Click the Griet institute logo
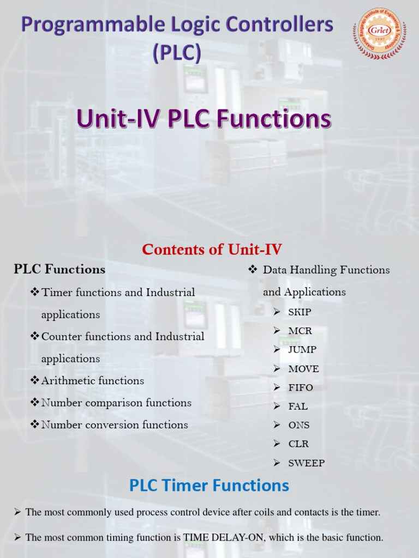(380, 33)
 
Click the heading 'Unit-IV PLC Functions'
(204, 119)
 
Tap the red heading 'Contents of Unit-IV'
(212, 250)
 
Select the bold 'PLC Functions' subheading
(59, 269)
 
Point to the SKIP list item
(300, 312)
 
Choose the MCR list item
(300, 331)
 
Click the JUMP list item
(302, 350)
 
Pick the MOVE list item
(303, 369)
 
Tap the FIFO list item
(301, 388)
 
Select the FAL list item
(298, 407)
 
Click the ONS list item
(299, 425)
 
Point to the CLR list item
(298, 444)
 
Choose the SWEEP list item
(306, 463)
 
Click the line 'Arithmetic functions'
(93, 381)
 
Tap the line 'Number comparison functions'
(116, 403)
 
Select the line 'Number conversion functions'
(115, 425)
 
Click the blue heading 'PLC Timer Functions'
(209, 485)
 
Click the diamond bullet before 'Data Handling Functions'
(253, 269)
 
